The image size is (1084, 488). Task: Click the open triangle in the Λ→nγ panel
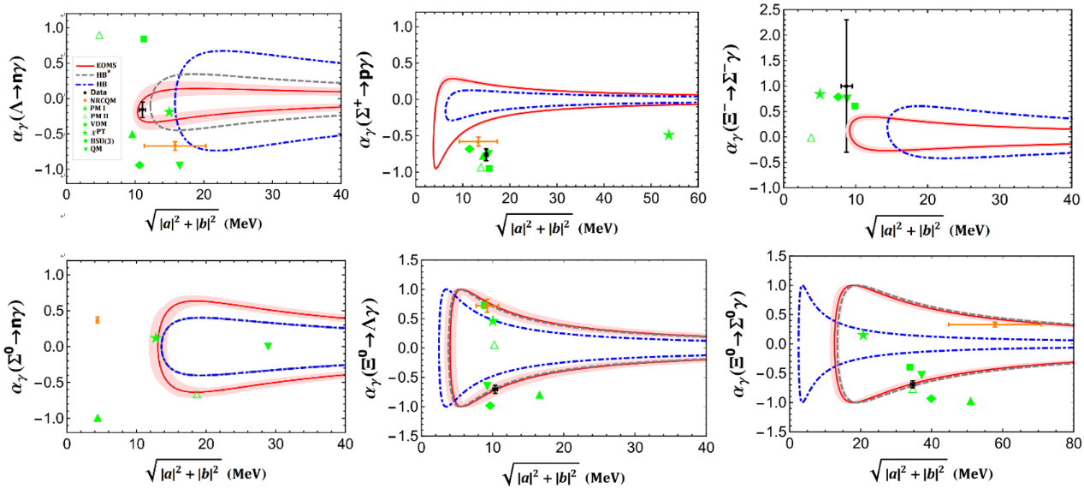[x=98, y=35]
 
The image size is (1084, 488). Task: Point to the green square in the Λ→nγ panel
[x=144, y=39]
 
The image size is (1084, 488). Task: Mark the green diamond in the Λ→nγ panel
[x=139, y=164]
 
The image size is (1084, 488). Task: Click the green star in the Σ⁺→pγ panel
[x=668, y=134]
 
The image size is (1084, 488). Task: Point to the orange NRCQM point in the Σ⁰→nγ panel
[x=98, y=319]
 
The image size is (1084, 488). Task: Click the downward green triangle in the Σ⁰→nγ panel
[x=268, y=346]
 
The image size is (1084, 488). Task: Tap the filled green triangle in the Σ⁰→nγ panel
[x=98, y=418]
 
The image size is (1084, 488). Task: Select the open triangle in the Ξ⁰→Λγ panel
[x=494, y=345]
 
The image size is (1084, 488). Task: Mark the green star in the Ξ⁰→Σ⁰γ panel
[x=862, y=335]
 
